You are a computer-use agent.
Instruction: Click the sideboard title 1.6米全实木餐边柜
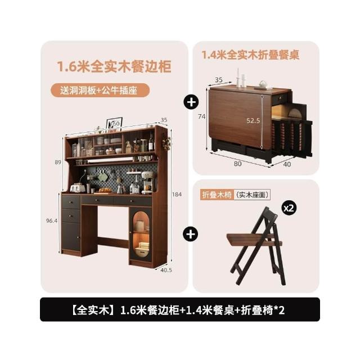[x=114, y=66]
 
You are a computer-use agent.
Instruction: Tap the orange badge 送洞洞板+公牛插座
[x=100, y=90]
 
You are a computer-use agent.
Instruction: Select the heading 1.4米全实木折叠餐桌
[x=250, y=55]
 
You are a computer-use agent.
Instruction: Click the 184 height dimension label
[x=177, y=195]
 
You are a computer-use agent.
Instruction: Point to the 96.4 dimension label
[x=52, y=221]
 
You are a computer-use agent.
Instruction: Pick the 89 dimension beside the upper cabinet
[x=58, y=163]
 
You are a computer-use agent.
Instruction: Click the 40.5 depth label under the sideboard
[x=166, y=270]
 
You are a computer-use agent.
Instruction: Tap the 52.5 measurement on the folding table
[x=253, y=120]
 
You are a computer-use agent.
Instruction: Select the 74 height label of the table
[x=201, y=116]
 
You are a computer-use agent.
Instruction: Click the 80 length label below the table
[x=237, y=164]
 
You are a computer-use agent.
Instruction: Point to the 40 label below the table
[x=287, y=164]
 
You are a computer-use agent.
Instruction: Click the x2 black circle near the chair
[x=289, y=208]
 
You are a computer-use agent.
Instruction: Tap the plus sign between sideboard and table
[x=191, y=102]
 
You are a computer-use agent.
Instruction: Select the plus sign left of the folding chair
[x=190, y=235]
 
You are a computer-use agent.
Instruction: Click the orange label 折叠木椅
[x=217, y=195]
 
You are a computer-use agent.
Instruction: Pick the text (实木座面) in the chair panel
[x=253, y=195]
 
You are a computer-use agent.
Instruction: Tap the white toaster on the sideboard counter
[x=78, y=188]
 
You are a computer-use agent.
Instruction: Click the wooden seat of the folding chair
[x=254, y=240]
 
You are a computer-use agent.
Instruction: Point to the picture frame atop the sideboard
[x=115, y=124]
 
